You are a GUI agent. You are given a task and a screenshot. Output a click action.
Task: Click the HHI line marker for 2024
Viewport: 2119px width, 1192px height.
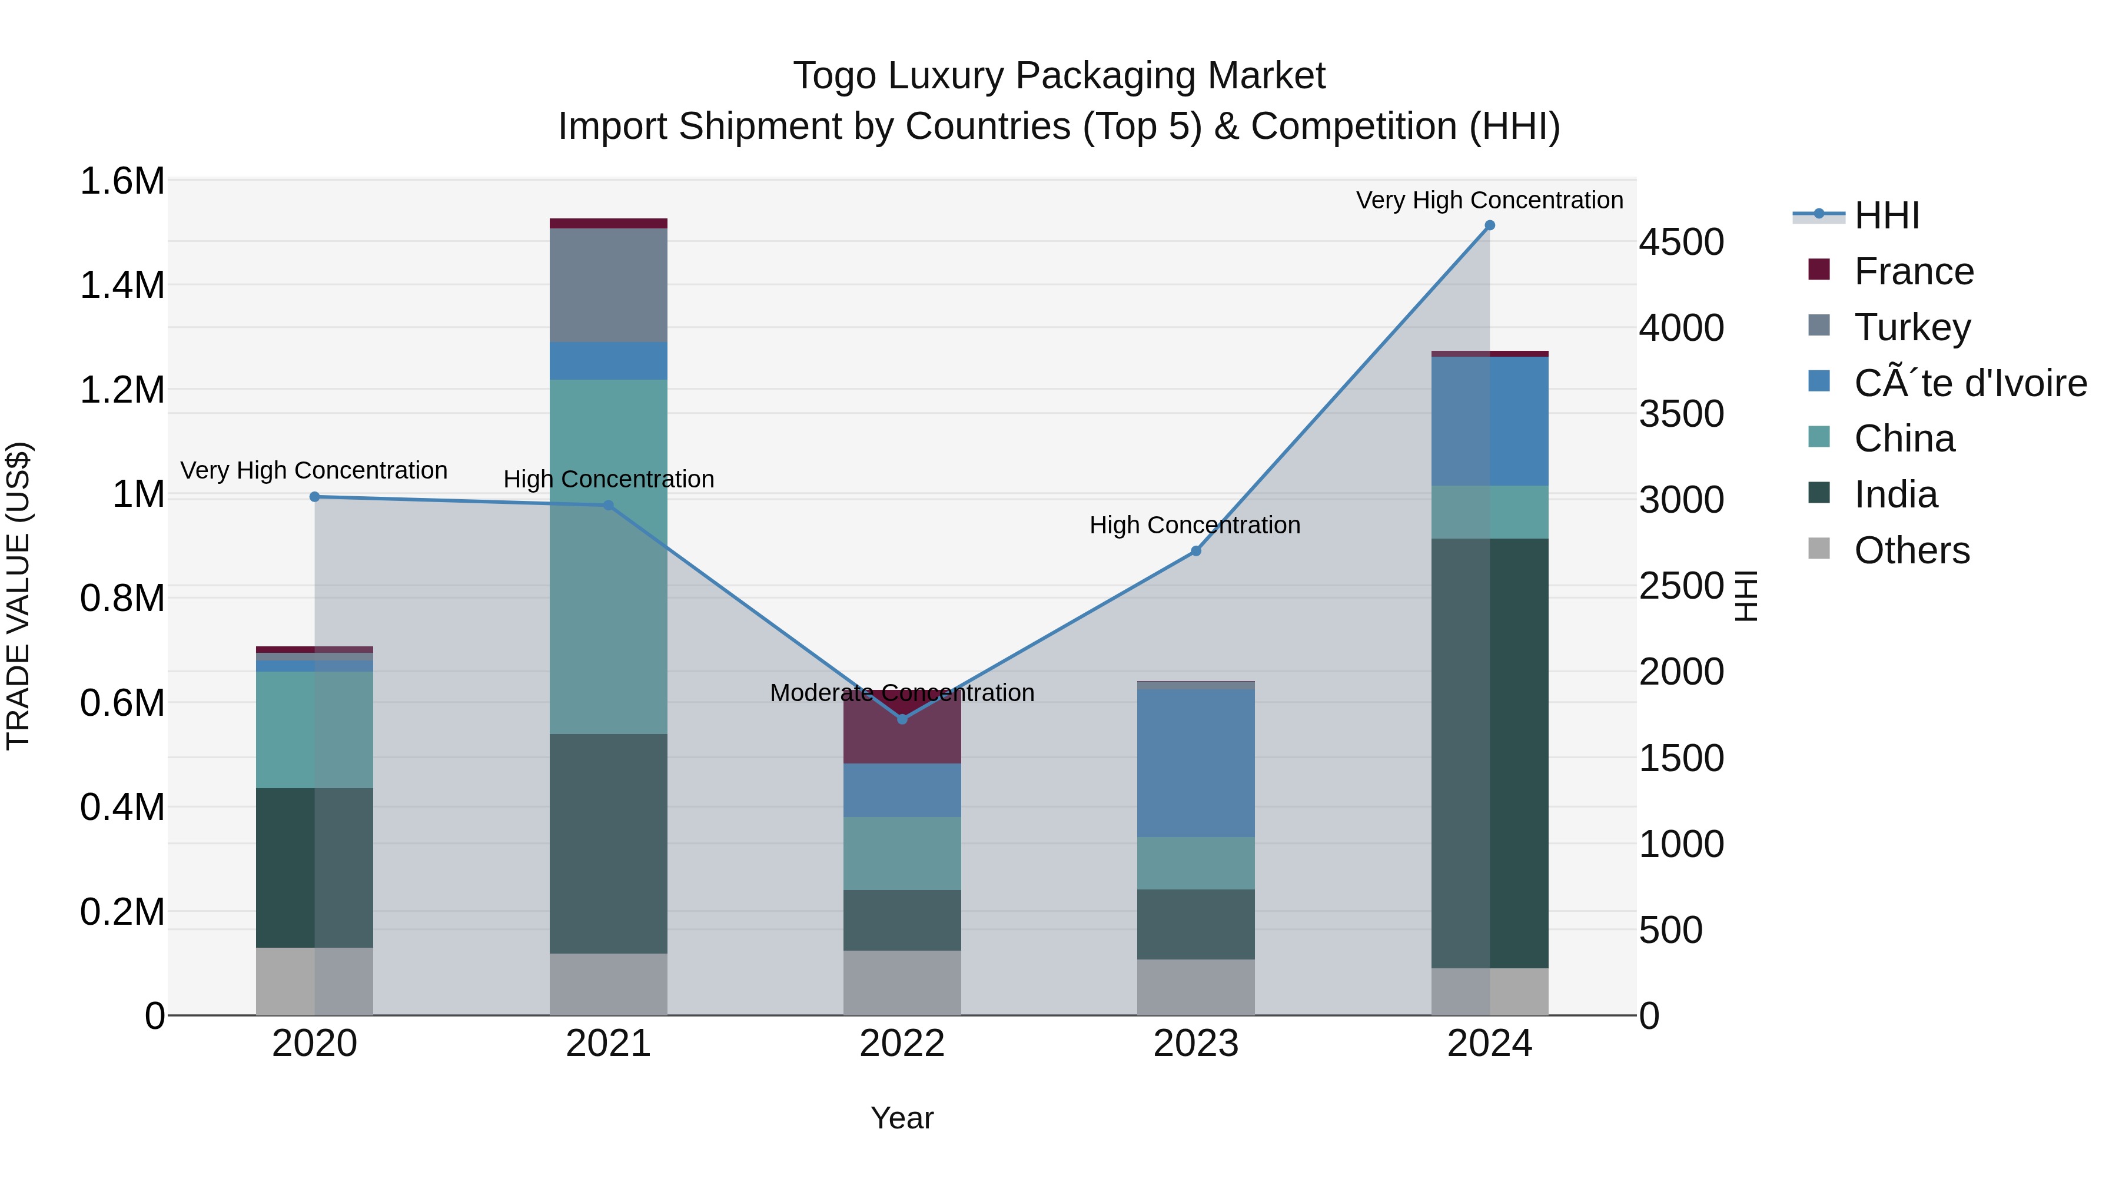pyautogui.click(x=1489, y=225)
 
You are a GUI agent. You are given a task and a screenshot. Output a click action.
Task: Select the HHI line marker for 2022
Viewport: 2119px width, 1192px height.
pyautogui.click(x=902, y=719)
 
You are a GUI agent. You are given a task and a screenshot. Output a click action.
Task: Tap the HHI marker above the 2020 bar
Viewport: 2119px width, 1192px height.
pyautogui.click(x=314, y=497)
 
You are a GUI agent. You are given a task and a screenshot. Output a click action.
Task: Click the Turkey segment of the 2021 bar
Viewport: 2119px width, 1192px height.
pyautogui.click(x=608, y=285)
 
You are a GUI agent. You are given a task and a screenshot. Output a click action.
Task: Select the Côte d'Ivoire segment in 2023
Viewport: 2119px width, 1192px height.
pyautogui.click(x=1195, y=763)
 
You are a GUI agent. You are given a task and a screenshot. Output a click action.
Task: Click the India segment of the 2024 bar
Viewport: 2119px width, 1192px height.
pyautogui.click(x=1489, y=753)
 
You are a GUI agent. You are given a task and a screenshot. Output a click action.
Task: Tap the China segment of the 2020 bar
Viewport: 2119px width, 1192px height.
pyautogui.click(x=314, y=730)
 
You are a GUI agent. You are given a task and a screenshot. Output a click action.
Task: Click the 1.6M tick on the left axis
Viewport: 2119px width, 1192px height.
pyautogui.click(x=122, y=181)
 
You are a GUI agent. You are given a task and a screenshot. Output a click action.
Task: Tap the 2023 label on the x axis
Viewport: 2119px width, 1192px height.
pyautogui.click(x=1195, y=1044)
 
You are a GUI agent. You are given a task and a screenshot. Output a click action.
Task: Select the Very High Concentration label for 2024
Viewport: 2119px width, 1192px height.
pyautogui.click(x=1489, y=200)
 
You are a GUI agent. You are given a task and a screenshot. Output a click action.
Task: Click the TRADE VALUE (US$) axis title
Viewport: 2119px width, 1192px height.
pyautogui.click(x=18, y=596)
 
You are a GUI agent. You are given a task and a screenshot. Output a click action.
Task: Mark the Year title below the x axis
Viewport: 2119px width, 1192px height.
pyautogui.click(x=902, y=1118)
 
